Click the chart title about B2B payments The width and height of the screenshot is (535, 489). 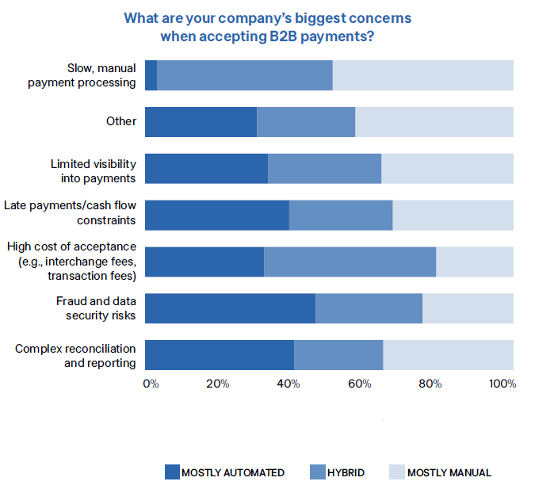click(267, 27)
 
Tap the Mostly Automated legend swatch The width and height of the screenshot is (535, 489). click(172, 472)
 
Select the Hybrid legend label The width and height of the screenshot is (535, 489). click(346, 472)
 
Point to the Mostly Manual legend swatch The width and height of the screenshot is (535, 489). click(396, 472)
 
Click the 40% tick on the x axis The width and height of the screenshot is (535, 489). click(289, 384)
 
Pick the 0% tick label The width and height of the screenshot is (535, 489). click(151, 384)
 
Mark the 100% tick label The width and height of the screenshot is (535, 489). click(503, 384)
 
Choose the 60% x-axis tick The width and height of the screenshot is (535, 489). click(360, 384)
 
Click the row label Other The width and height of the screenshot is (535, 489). click(121, 121)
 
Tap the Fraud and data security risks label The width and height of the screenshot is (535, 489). click(96, 308)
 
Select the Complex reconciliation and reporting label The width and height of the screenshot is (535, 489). click(75, 355)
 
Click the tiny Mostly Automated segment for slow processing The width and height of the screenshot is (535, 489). click(151, 75)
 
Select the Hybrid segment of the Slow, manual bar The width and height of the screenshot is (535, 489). click(244, 75)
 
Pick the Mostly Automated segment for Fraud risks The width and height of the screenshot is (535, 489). click(230, 308)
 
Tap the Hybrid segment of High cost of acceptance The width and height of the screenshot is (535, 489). click(350, 262)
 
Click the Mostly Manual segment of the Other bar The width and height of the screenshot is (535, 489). click(434, 122)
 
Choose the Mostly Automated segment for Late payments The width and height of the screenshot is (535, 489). click(216, 215)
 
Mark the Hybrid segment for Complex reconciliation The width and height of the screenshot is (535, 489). click(338, 355)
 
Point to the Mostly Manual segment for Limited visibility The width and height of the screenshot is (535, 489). click(447, 169)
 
